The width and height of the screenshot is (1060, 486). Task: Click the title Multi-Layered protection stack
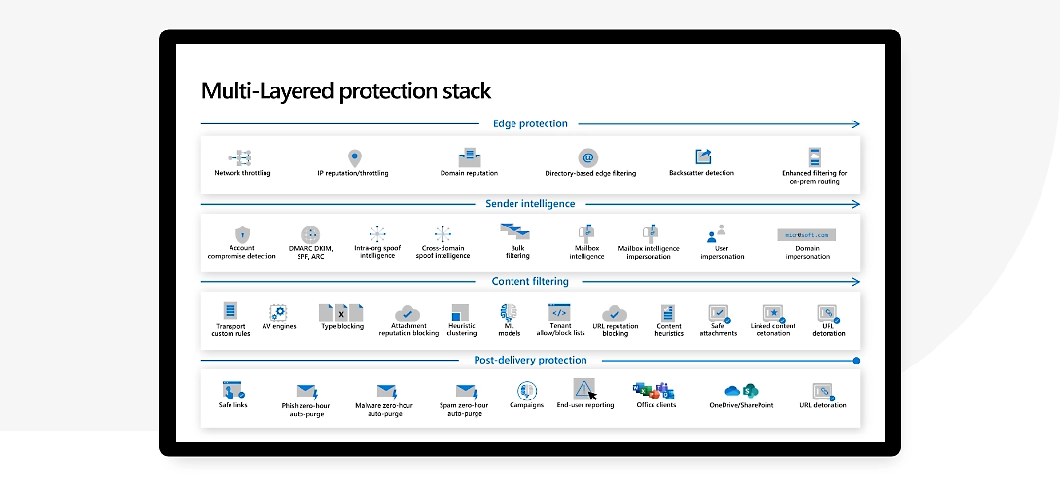pyautogui.click(x=345, y=91)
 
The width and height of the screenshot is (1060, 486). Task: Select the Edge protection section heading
pyautogui.click(x=530, y=123)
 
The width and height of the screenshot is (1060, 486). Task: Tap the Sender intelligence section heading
pyautogui.click(x=530, y=204)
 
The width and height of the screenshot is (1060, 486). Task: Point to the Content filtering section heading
pyautogui.click(x=530, y=282)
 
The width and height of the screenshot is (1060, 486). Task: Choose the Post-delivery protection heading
pyautogui.click(x=530, y=360)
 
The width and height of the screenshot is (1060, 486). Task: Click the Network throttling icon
pyautogui.click(x=241, y=156)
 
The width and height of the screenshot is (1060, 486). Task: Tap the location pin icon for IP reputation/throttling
pyautogui.click(x=353, y=156)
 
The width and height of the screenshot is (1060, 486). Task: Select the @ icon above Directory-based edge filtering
pyautogui.click(x=588, y=156)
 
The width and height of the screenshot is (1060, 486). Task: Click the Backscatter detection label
pyautogui.click(x=701, y=173)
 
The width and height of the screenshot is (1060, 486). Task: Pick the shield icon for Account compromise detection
pyautogui.click(x=242, y=234)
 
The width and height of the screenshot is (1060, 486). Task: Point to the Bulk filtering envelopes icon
pyautogui.click(x=514, y=231)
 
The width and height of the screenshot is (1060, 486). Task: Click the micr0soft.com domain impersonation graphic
pyautogui.click(x=806, y=234)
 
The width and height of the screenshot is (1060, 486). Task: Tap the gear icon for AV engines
pyautogui.click(x=278, y=312)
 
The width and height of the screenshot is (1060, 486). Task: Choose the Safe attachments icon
pyautogui.click(x=719, y=313)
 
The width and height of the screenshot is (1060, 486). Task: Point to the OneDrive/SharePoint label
pyautogui.click(x=741, y=405)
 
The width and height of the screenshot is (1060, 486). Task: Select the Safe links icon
pyautogui.click(x=232, y=389)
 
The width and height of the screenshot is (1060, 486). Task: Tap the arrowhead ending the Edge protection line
pyautogui.click(x=855, y=123)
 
